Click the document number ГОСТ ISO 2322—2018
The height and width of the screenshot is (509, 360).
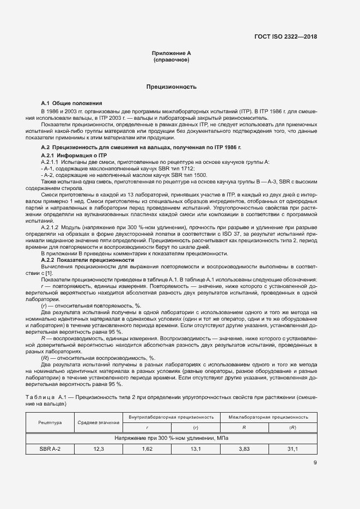[285, 37]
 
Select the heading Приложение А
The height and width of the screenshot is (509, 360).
[172, 53]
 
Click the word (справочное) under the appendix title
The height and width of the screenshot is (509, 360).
[172, 60]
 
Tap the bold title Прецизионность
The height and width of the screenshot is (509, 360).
[172, 87]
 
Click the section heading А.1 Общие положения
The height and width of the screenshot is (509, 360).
[71, 103]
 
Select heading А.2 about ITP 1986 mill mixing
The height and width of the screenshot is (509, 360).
[141, 148]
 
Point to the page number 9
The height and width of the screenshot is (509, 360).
[315, 463]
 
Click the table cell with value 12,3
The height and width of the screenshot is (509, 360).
[99, 449]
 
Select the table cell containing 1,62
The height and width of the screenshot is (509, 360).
[147, 449]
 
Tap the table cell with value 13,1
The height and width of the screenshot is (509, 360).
[196, 449]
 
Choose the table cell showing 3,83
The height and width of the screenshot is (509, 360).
[244, 449]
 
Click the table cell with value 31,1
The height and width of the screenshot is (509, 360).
[293, 449]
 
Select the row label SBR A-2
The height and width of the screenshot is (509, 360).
[50, 449]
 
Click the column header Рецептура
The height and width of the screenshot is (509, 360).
[50, 422]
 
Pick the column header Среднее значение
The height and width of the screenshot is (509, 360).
[99, 422]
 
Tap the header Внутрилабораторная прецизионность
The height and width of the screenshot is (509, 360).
[172, 417]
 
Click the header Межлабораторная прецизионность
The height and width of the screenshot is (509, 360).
[269, 417]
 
